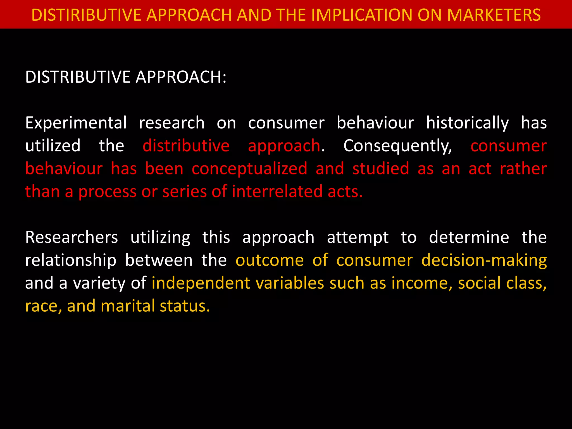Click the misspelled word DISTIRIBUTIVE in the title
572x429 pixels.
[x=87, y=15]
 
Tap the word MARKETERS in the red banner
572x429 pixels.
[x=494, y=15]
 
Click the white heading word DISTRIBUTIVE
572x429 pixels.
[x=78, y=77]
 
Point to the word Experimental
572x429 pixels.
[x=76, y=123]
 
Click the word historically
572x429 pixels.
[x=468, y=123]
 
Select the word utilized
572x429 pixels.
[x=53, y=146]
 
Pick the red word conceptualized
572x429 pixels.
[x=249, y=169]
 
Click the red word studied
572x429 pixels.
[x=381, y=169]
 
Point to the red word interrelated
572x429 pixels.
[x=277, y=192]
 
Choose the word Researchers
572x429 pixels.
[x=71, y=237]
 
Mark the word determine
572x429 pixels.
[x=469, y=237]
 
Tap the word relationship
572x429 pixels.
[x=71, y=261]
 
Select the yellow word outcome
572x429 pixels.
[x=270, y=260]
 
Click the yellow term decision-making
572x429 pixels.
[x=484, y=261]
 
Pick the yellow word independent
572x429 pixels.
[x=201, y=283]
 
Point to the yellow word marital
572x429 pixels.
[x=128, y=306]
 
